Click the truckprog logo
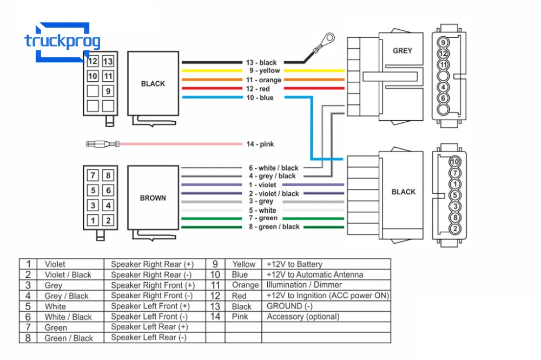(x=62, y=42)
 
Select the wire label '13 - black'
(x=261, y=62)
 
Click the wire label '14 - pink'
(x=260, y=144)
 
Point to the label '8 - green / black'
(x=274, y=227)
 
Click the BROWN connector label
(x=153, y=198)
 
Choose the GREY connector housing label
(x=403, y=51)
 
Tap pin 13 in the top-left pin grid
(x=108, y=61)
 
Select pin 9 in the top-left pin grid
(x=108, y=91)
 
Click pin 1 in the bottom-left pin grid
(x=93, y=220)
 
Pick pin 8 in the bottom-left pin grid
(x=108, y=175)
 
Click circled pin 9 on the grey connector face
(x=443, y=42)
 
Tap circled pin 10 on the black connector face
(x=455, y=161)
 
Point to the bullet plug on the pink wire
(x=103, y=144)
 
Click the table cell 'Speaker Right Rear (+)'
(x=152, y=264)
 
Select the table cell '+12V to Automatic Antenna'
(x=315, y=275)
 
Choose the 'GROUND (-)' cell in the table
(x=289, y=306)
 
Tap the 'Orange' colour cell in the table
(x=245, y=285)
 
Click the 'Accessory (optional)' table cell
(x=303, y=317)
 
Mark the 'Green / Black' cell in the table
(x=69, y=338)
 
